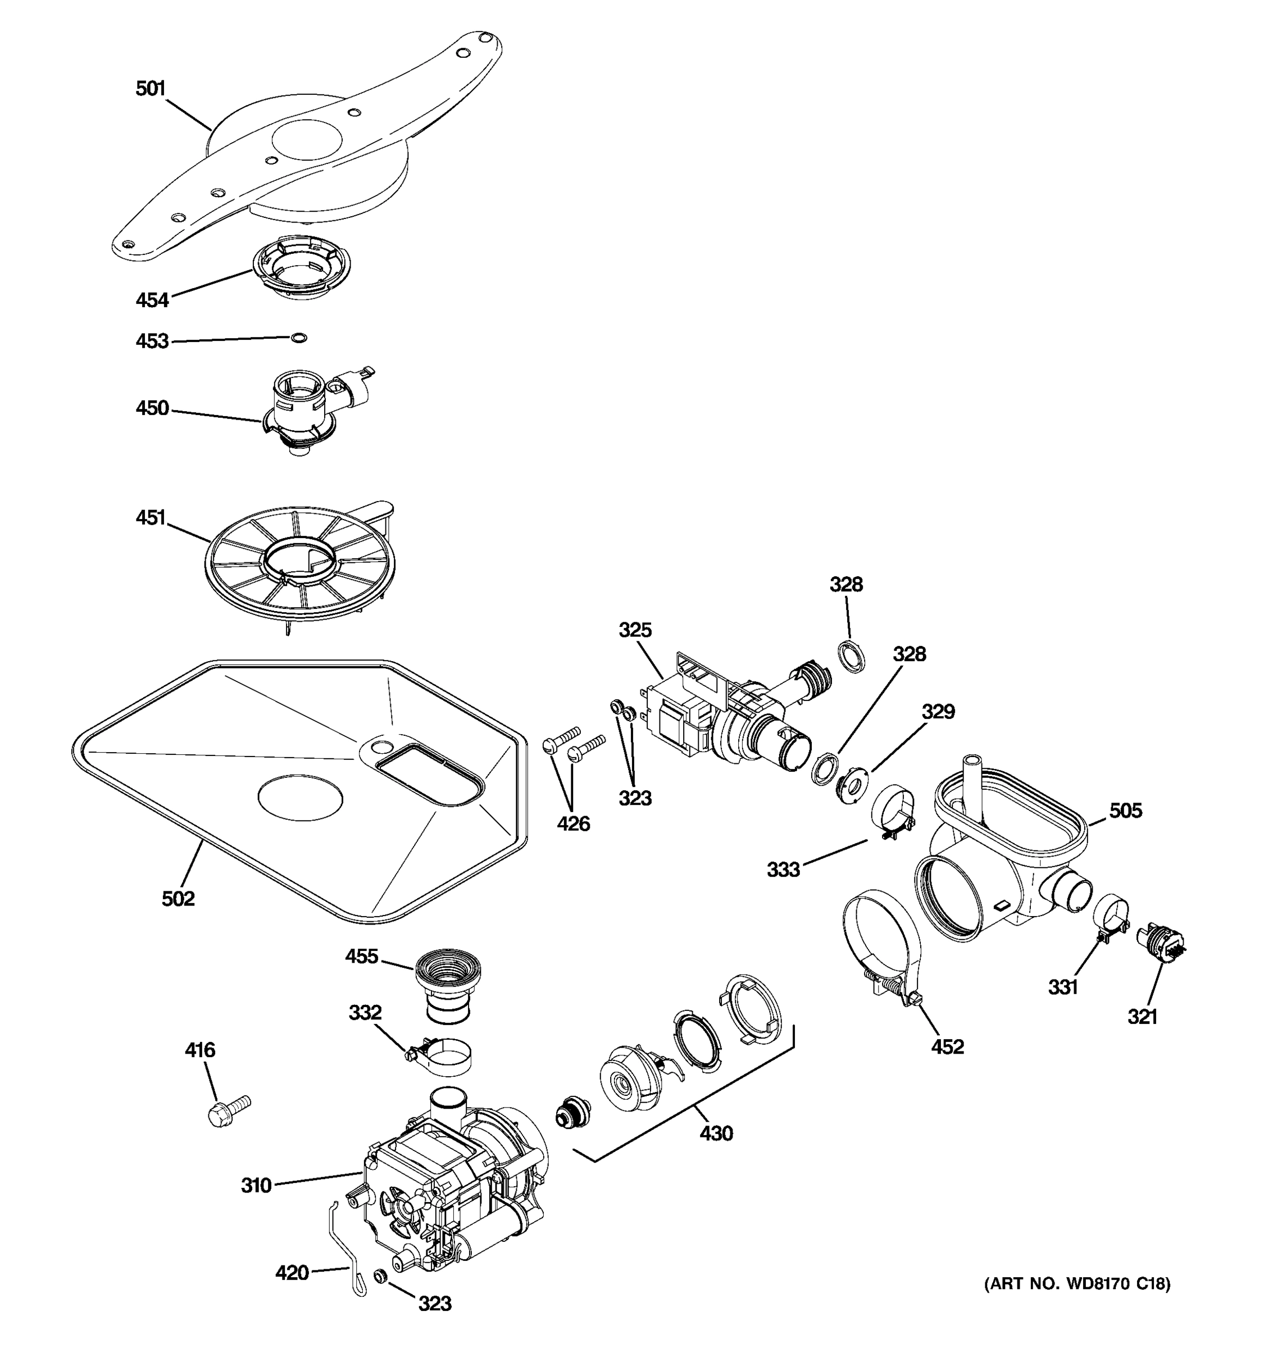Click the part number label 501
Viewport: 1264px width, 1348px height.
(x=151, y=89)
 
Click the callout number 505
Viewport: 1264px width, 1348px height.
(x=1126, y=810)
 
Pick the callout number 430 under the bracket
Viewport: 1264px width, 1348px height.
(x=716, y=1132)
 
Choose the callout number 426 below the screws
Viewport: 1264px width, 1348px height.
(x=573, y=823)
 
